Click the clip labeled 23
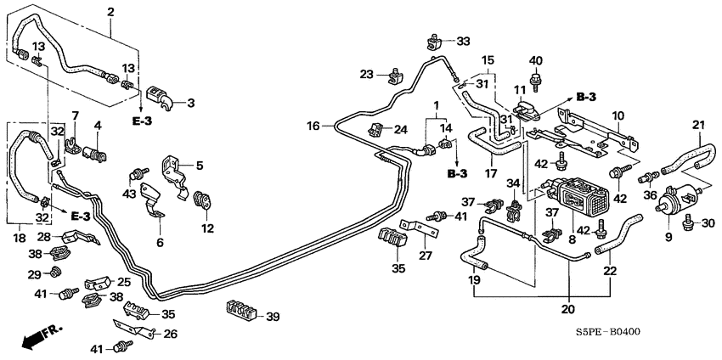click(x=394, y=77)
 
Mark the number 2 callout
click(x=110, y=12)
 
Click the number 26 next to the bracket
click(x=170, y=334)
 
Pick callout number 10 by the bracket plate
click(x=618, y=114)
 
